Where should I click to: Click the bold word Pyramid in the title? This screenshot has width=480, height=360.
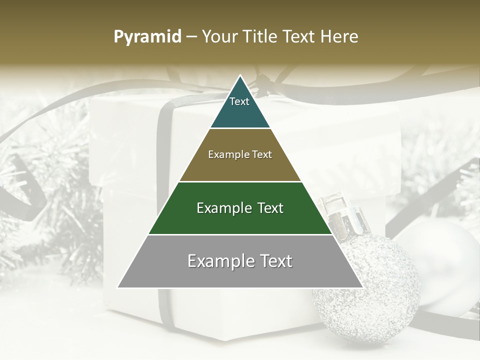point(147,36)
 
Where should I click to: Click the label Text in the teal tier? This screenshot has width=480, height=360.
point(239,101)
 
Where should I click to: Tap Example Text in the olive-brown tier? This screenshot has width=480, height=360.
point(240,154)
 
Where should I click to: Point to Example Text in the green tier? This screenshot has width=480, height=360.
point(240,208)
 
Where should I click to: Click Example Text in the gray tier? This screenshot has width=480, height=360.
point(240,261)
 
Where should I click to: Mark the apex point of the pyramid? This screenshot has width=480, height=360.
point(240,76)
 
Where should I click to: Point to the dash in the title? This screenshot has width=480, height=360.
point(191,37)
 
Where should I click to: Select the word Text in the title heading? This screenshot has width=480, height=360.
point(300,36)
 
